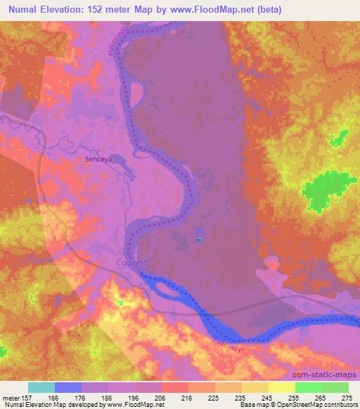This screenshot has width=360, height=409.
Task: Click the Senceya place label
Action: pyautogui.click(x=98, y=160)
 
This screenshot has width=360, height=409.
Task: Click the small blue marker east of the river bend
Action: pyautogui.click(x=200, y=240)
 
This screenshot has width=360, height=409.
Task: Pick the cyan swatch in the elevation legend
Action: pyautogui.click(x=41, y=387)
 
